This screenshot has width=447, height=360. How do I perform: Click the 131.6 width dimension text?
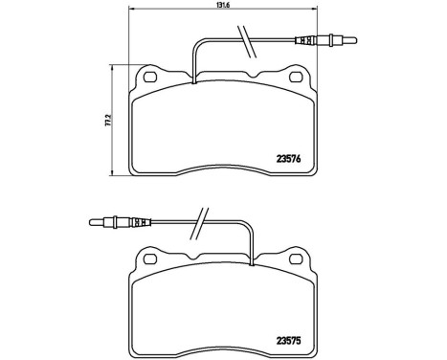pos(222,9)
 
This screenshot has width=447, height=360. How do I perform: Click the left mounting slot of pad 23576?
pos(148,76)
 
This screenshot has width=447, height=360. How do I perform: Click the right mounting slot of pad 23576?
pos(298,76)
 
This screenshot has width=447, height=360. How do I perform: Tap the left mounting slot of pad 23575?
pos(148,258)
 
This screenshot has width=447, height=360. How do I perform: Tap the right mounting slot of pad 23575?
pos(298,258)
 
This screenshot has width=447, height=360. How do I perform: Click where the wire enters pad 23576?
pos(194,80)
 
